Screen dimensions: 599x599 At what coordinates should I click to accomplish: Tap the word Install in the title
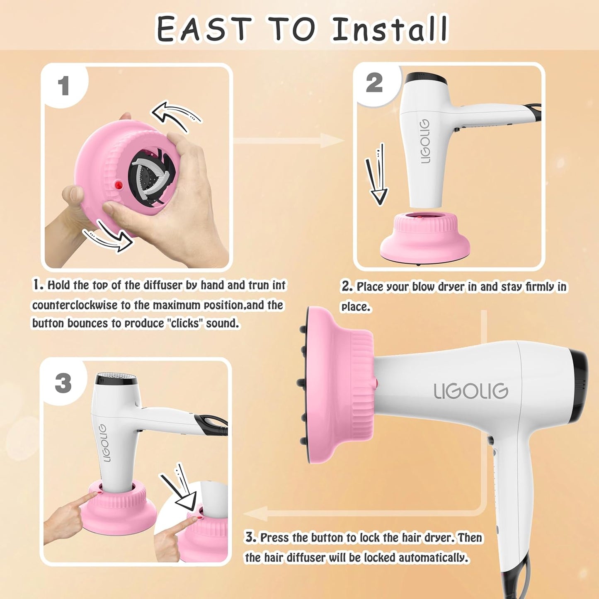point(390,29)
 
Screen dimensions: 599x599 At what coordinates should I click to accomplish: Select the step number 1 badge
point(63,86)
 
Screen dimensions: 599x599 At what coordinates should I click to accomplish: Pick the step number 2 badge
point(374,83)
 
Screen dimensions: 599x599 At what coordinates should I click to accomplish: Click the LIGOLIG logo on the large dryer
point(471,391)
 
